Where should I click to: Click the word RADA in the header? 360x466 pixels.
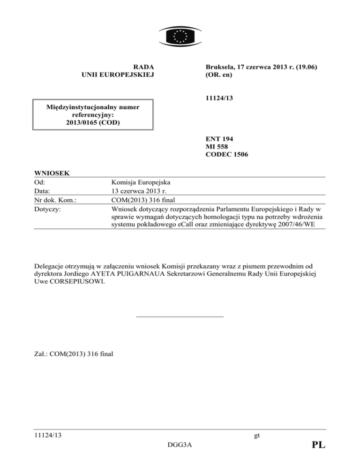click(144, 67)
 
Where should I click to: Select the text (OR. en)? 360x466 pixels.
click(219, 75)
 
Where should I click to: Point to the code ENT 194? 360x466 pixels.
click(220, 139)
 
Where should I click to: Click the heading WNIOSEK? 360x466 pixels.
click(52, 173)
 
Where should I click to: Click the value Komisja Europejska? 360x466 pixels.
click(139, 182)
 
